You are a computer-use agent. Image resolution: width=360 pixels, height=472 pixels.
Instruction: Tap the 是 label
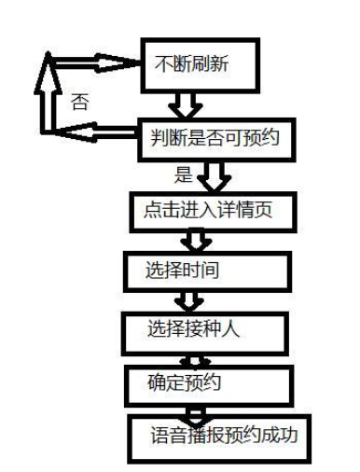183,174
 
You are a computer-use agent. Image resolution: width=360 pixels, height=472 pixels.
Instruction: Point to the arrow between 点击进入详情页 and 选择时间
194,241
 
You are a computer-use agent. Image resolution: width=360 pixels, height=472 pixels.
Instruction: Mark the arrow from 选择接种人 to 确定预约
198,356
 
